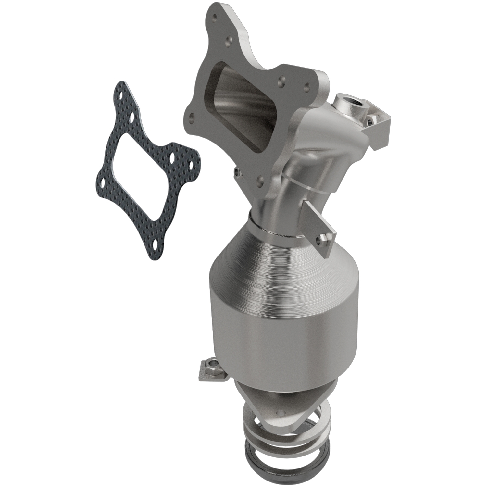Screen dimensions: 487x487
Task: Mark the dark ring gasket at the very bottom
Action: click(x=282, y=468)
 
